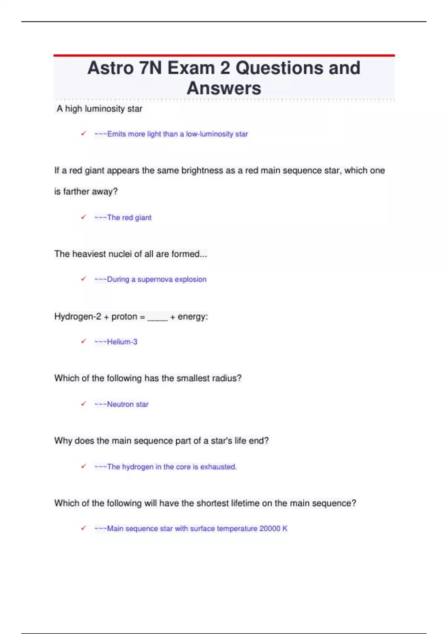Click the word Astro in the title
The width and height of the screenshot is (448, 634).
pyautogui.click(x=111, y=68)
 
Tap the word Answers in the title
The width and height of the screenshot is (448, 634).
pyautogui.click(x=224, y=88)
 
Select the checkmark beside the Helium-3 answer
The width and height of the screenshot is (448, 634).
pyautogui.click(x=84, y=341)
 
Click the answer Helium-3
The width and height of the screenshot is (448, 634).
pyautogui.click(x=122, y=342)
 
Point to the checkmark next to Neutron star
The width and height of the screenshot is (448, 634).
pyautogui.click(x=84, y=404)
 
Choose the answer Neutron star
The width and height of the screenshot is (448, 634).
pyautogui.click(x=128, y=404)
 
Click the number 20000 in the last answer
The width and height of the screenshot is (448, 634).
pyautogui.click(x=270, y=528)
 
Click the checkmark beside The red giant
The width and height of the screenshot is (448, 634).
pyautogui.click(x=84, y=217)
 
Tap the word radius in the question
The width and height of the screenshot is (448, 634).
pyautogui.click(x=227, y=378)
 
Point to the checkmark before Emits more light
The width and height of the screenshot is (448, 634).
pyautogui.click(x=84, y=133)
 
